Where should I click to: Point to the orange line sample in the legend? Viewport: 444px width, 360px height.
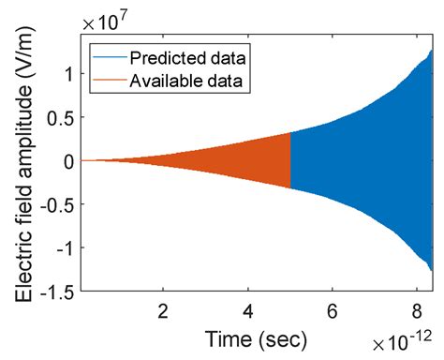(107, 82)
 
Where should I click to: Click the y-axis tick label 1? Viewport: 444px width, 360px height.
(68, 73)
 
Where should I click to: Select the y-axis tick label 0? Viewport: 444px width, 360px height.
(68, 161)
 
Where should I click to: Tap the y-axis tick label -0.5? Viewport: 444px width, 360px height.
(56, 205)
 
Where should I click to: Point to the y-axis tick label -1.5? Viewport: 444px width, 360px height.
(56, 293)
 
